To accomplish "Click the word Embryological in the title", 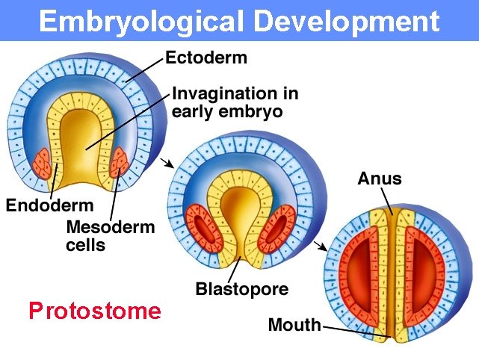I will [x=138, y=22].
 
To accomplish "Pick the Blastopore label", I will [x=241, y=288].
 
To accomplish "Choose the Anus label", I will [x=380, y=179].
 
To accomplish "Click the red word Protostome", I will [x=94, y=311].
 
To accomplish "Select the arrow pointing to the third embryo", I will [x=321, y=246].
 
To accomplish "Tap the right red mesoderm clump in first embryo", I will [x=120, y=161].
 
